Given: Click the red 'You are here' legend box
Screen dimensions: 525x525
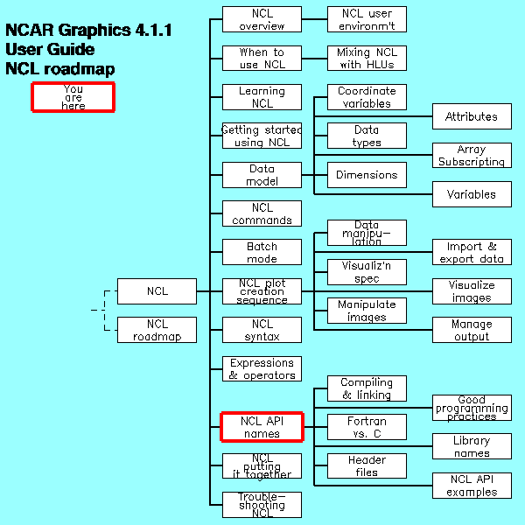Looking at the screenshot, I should click(73, 96).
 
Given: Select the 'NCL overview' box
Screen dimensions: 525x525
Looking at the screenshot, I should click(262, 19).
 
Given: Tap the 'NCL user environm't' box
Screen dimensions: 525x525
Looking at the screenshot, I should click(367, 19).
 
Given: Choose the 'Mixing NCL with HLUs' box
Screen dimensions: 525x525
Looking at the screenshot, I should click(367, 59).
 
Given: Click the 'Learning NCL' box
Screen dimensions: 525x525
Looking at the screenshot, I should click(262, 97).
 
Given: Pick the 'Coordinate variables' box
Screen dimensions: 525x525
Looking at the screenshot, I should click(367, 97).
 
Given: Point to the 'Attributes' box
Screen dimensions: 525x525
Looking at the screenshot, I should click(472, 116).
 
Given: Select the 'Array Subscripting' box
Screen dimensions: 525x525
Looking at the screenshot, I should click(472, 156).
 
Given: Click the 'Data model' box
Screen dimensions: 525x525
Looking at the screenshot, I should click(262, 175).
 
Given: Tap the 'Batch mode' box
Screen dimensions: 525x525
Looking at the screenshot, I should click(262, 253).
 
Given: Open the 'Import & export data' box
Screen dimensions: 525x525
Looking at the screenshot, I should click(472, 253).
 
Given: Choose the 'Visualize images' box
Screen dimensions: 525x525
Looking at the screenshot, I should click(472, 291).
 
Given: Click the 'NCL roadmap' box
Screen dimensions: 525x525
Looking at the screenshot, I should click(157, 330).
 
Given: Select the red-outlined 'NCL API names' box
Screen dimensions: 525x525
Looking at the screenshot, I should click(262, 427).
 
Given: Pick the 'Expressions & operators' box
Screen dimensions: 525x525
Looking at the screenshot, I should click(262, 368).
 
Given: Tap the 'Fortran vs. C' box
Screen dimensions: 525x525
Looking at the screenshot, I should click(367, 427).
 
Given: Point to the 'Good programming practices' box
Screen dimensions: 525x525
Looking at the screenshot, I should click(472, 408).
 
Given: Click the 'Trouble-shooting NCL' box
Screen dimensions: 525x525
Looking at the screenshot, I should click(262, 505).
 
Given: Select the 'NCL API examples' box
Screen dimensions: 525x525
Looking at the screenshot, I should click(472, 486).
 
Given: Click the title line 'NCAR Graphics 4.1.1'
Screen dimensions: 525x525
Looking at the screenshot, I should click(88, 31).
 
